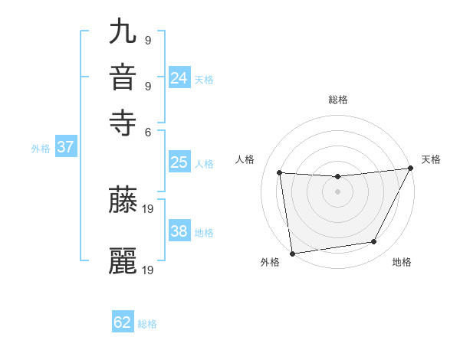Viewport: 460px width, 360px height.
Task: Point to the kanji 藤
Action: click(x=123, y=200)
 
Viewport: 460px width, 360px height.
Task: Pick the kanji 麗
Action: click(x=123, y=260)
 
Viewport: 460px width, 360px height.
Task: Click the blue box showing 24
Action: click(x=179, y=78)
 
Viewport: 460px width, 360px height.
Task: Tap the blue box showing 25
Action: click(x=179, y=162)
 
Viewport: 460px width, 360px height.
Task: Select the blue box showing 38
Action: click(x=179, y=231)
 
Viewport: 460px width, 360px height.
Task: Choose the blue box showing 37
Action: click(x=65, y=148)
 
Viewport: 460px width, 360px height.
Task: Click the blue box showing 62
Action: click(x=123, y=322)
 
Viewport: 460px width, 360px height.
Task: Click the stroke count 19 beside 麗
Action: click(x=149, y=270)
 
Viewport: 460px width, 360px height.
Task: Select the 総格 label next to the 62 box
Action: click(x=147, y=324)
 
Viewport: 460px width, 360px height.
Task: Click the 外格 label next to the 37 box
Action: click(x=41, y=149)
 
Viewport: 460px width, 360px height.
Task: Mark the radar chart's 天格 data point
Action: click(x=412, y=169)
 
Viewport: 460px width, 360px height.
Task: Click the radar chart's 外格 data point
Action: click(x=292, y=253)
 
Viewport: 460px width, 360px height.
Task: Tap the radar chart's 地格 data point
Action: click(x=374, y=242)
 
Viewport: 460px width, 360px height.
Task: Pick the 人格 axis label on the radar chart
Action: click(x=245, y=159)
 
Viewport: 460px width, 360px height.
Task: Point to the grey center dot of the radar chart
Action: click(x=337, y=191)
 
